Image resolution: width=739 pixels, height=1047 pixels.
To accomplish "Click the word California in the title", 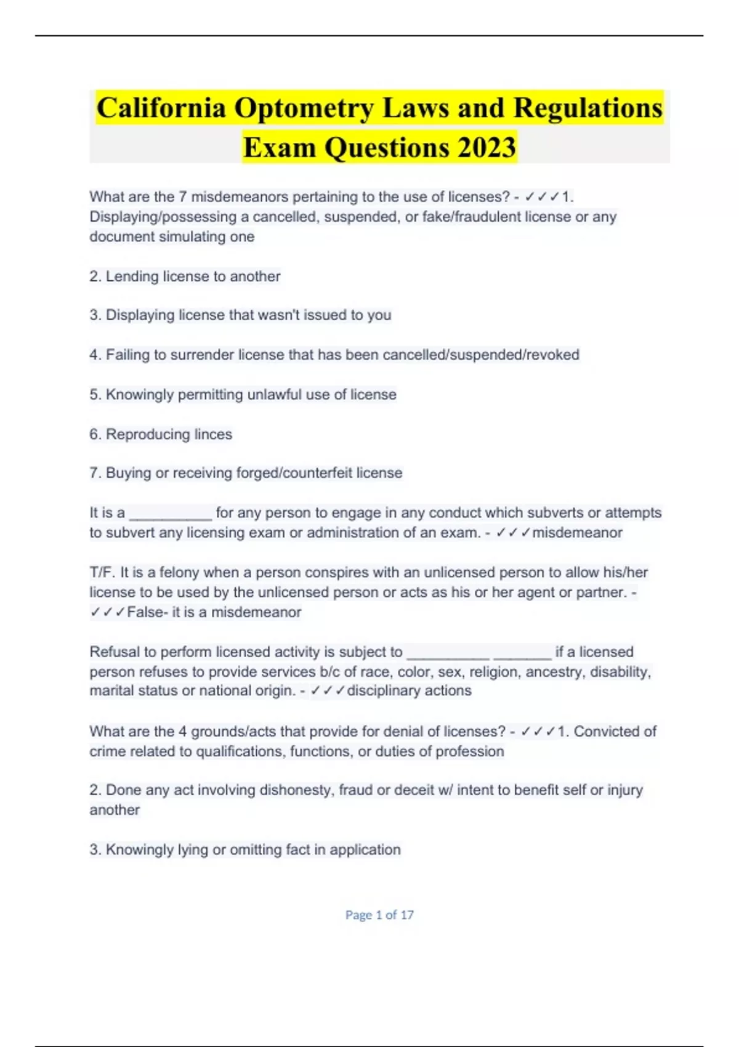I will [x=161, y=108].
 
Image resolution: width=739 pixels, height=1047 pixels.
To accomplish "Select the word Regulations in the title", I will [x=588, y=108].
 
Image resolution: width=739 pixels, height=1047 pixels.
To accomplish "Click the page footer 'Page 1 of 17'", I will [x=379, y=915].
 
